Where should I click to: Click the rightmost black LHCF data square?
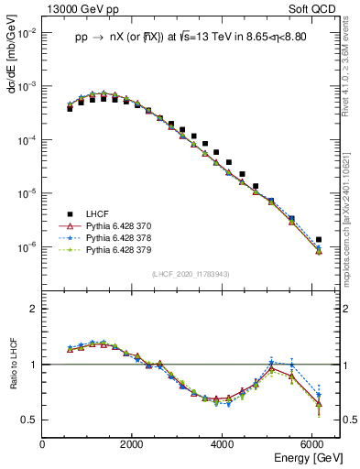pyautogui.click(x=318, y=240)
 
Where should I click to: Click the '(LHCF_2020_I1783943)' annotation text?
pyautogui.click(x=190, y=275)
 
